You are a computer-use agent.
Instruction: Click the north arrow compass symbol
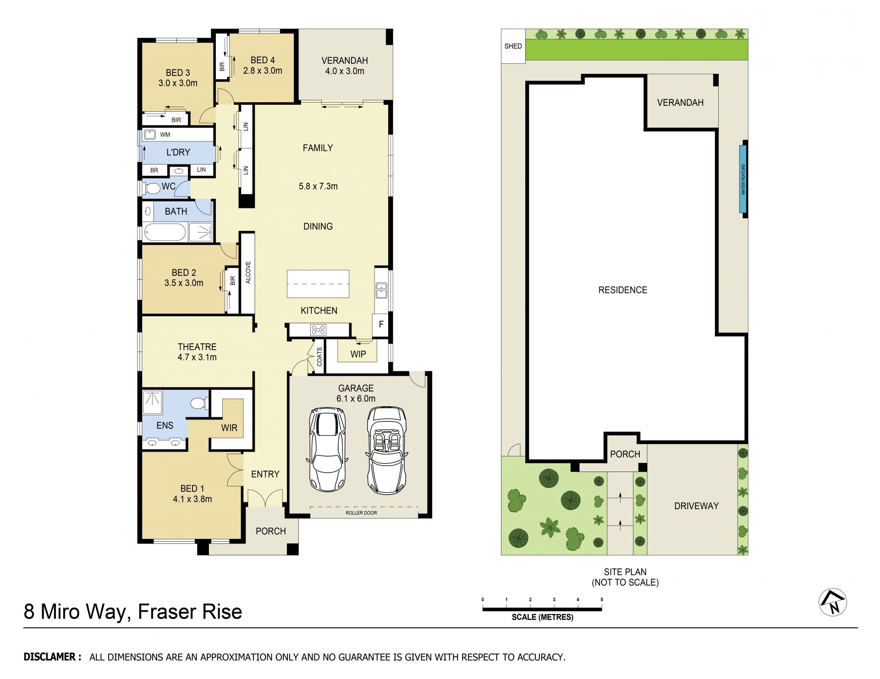[x=833, y=602]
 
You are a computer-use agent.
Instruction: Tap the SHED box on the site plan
[x=513, y=46]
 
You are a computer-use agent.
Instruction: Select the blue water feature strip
[x=743, y=179]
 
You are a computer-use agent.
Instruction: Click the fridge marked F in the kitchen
[x=381, y=325]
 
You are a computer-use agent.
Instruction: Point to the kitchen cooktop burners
[x=318, y=330]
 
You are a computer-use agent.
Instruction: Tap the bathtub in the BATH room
[x=164, y=232]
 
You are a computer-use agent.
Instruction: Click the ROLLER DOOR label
[x=361, y=513]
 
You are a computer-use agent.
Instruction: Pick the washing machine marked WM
[x=150, y=135]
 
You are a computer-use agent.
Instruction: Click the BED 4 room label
[x=263, y=60]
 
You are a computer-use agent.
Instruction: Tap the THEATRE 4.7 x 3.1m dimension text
[x=197, y=357]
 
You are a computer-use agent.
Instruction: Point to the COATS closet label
[x=319, y=357]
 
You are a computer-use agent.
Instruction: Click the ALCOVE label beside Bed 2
[x=248, y=272]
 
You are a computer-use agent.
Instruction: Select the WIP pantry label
[x=358, y=354]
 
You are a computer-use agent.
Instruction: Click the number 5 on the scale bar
[x=602, y=599]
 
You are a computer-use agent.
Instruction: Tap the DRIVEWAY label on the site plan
[x=696, y=506]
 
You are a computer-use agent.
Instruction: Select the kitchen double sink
[x=381, y=290]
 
